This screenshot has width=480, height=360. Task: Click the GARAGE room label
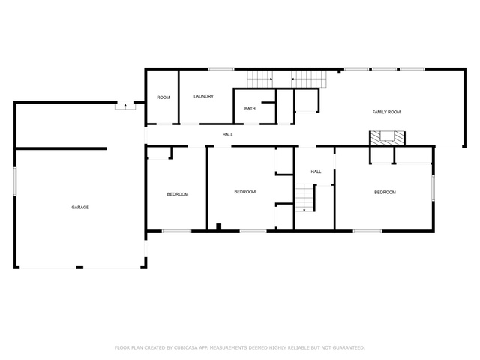80,207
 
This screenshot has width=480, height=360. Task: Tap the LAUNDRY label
203,96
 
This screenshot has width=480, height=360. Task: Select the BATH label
250,108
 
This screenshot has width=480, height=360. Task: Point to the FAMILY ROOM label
386,112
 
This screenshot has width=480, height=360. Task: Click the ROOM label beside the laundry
163,97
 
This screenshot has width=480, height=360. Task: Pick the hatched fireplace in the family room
387,138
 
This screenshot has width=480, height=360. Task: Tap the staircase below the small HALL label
305,198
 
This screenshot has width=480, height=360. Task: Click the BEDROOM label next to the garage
178,194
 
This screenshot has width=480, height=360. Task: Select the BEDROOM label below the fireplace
385,192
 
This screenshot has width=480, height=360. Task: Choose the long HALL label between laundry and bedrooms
227,135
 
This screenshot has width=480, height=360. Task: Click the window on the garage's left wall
15,181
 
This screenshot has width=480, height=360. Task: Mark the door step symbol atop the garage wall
125,106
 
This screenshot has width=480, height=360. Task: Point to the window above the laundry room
221,69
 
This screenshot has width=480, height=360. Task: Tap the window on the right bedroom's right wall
433,188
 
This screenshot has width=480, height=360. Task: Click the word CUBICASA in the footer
186,347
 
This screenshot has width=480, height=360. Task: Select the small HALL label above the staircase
316,172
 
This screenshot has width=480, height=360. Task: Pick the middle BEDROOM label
245,192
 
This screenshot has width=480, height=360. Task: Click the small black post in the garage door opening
79,267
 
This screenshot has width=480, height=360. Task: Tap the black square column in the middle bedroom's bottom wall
218,226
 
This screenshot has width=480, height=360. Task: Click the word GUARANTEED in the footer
349,347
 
